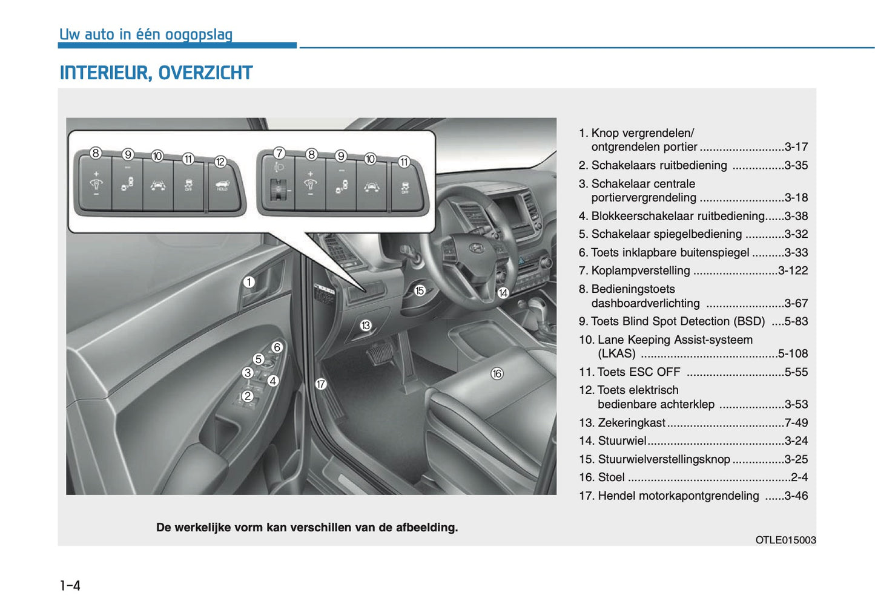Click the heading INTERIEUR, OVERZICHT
[156, 73]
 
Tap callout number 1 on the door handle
[249, 282]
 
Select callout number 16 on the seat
[497, 373]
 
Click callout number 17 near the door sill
[321, 384]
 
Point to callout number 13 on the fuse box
[365, 326]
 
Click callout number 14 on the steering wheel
[503, 293]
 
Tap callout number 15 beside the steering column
[420, 290]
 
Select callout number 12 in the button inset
[220, 162]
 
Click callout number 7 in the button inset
[279, 153]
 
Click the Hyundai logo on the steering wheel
[477, 247]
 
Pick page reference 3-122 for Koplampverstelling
[793, 270]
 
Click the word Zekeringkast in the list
[631, 422]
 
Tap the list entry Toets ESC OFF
[638, 372]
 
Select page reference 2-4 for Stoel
[799, 477]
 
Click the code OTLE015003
[785, 540]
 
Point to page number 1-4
[70, 585]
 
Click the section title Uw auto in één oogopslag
[146, 34]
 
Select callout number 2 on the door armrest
[247, 396]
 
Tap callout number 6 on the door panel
[277, 347]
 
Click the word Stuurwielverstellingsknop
[664, 459]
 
